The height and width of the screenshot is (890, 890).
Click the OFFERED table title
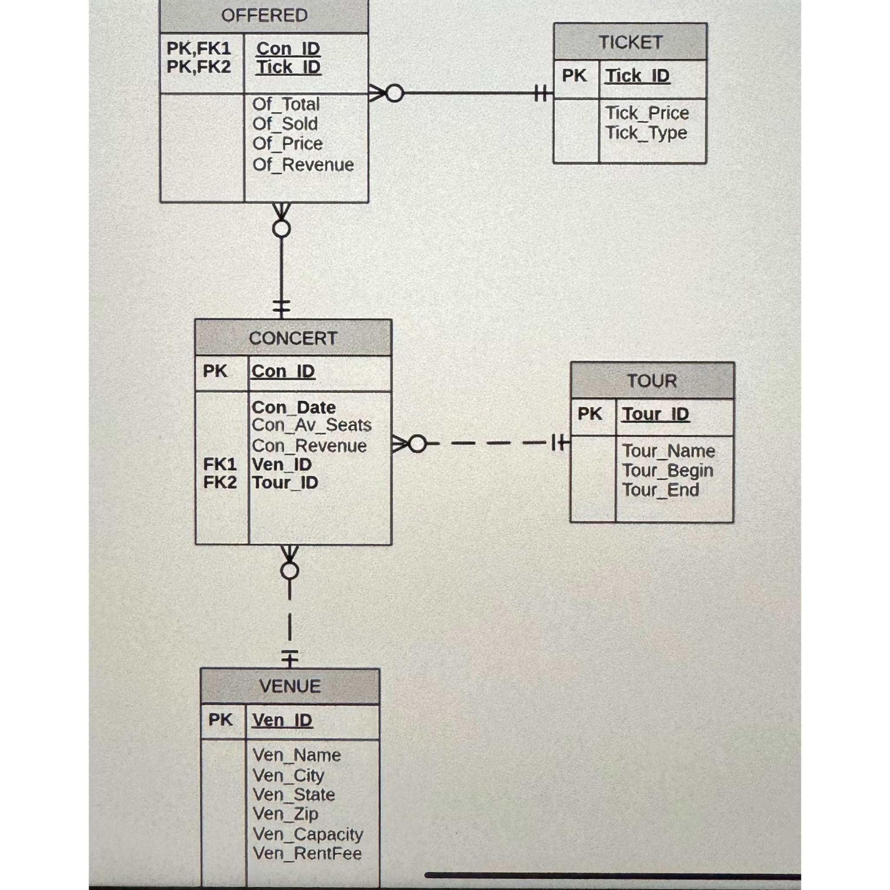[x=264, y=16]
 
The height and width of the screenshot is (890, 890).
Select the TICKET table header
[x=630, y=43]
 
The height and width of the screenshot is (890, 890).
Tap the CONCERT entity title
[x=293, y=338]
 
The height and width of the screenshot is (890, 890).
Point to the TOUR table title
[x=652, y=381]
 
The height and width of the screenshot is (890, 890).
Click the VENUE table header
[x=290, y=686]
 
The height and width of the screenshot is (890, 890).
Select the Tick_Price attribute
[x=647, y=113]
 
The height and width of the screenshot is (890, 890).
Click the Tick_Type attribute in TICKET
[x=646, y=133]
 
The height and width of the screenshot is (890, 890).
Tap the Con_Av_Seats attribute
[x=312, y=425]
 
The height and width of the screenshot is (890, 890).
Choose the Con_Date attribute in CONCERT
[x=293, y=408]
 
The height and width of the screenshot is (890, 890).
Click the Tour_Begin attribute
[x=667, y=471]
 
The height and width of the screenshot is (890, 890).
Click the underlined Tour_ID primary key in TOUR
[x=655, y=414]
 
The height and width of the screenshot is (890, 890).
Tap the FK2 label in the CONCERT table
[x=220, y=483]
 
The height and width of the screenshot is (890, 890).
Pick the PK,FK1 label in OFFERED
[x=199, y=48]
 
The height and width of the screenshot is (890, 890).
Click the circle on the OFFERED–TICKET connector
[x=394, y=93]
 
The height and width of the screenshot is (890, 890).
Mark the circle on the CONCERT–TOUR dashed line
[x=417, y=444]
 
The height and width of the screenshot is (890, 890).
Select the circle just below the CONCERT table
[x=289, y=571]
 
